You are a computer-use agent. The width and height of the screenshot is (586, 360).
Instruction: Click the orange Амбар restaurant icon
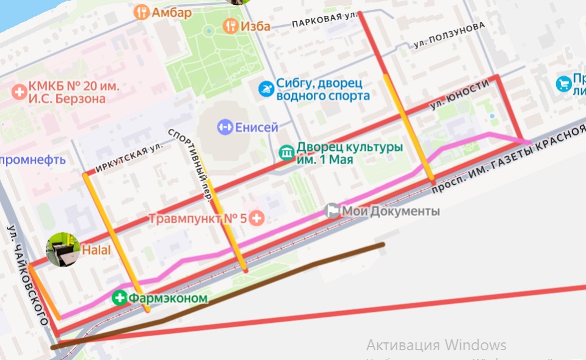pos(142,12)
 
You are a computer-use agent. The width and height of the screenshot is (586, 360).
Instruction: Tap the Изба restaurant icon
pos(230,25)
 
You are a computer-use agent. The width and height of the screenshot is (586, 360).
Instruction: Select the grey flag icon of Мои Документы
pos(332,211)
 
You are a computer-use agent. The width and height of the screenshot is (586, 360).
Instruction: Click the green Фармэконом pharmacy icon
pos(119,298)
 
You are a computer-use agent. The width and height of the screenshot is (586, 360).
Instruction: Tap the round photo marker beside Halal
pos(63,250)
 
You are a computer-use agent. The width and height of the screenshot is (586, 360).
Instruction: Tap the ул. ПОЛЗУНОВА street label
pos(449,35)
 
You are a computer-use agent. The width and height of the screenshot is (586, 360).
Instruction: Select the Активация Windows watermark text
pos(436,345)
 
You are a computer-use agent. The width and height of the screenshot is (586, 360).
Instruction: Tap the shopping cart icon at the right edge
pos(563,84)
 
